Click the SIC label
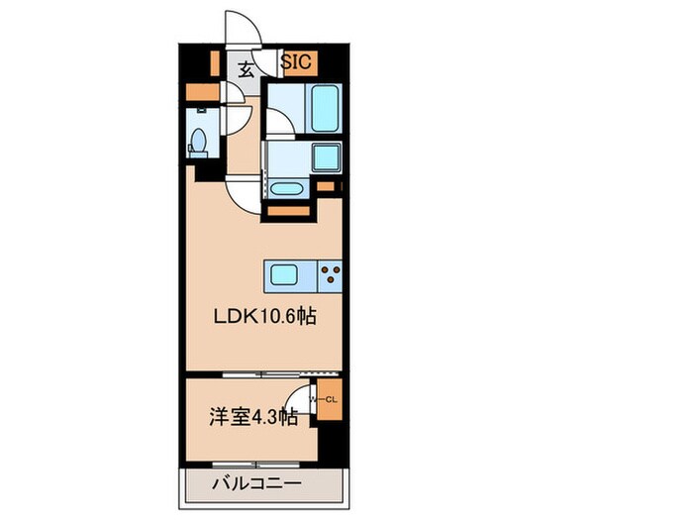(297, 61)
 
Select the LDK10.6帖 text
(266, 318)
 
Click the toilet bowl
(198, 141)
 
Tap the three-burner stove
(330, 274)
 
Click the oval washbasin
(287, 188)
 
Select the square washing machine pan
(325, 157)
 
